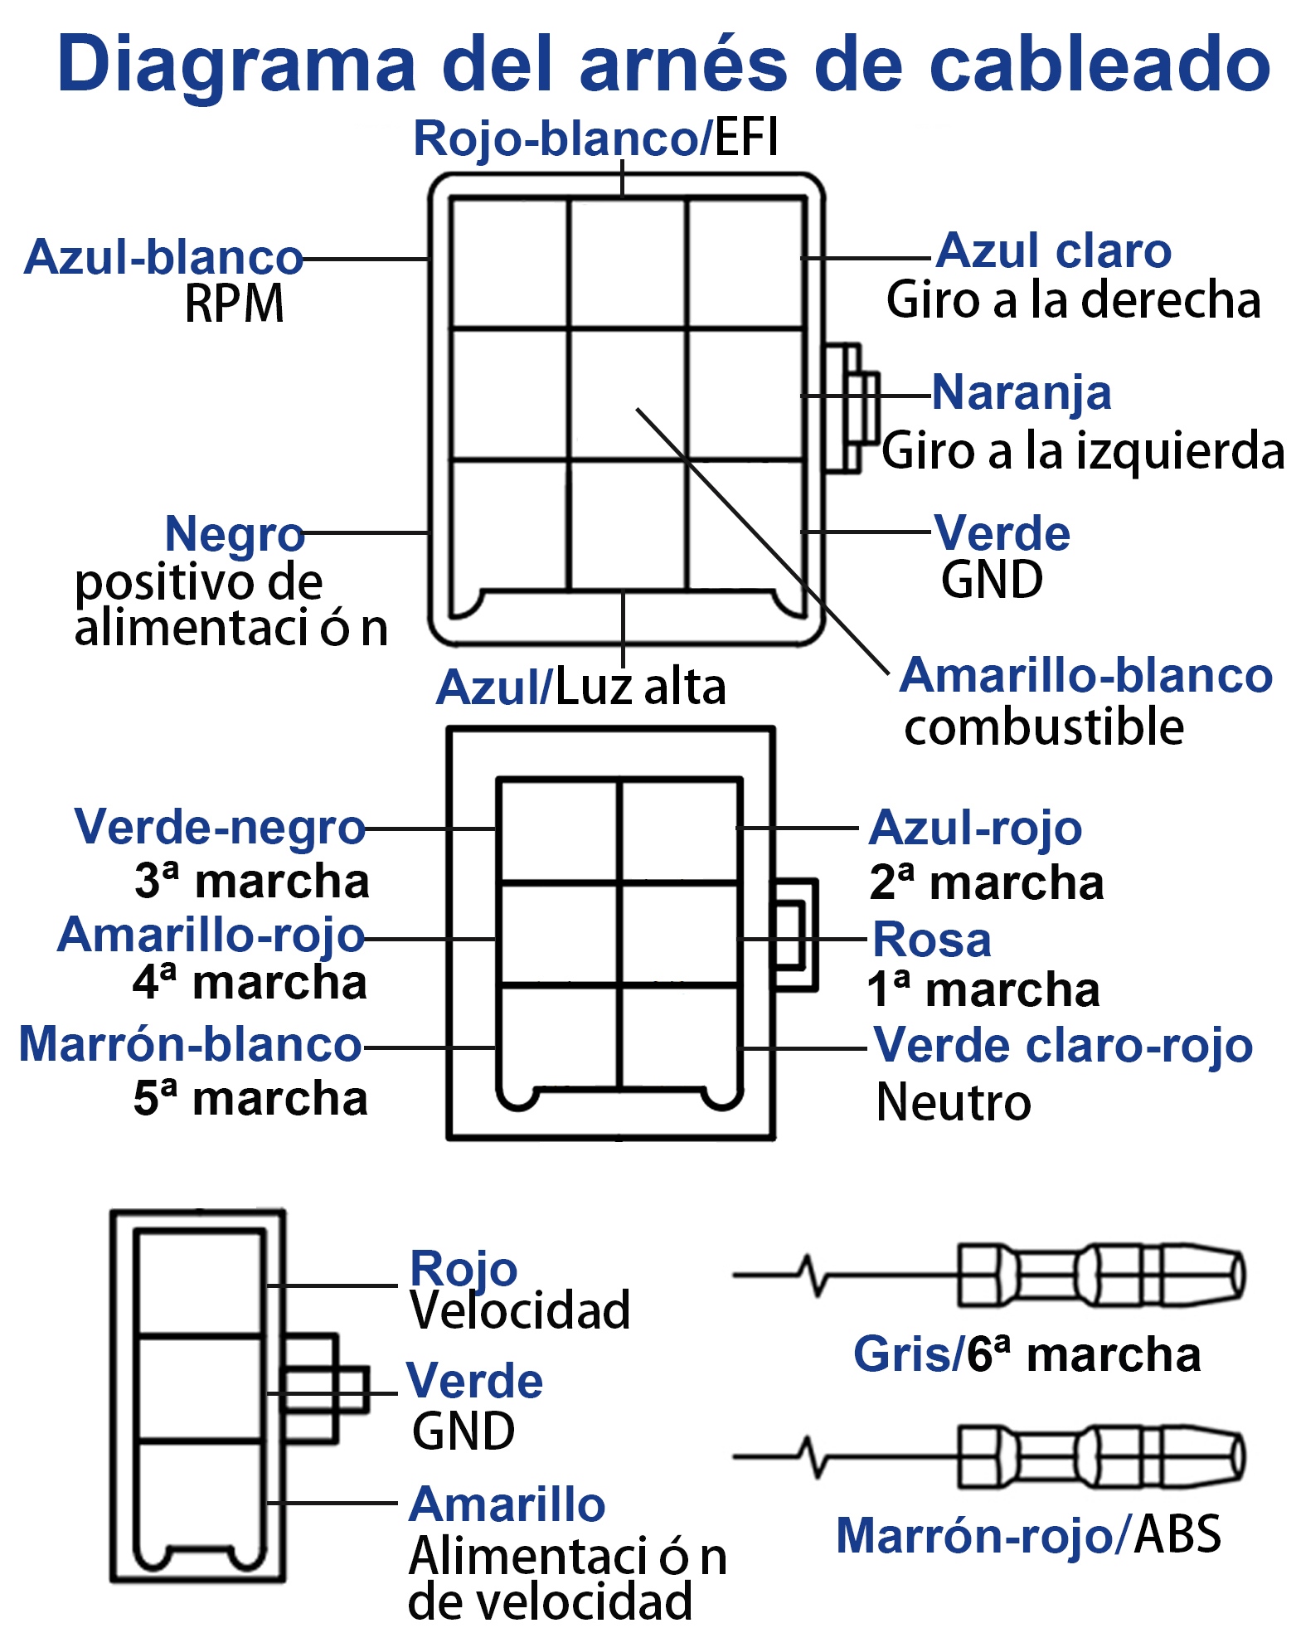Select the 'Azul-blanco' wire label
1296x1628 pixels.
tap(163, 257)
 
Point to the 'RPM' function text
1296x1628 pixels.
tap(235, 304)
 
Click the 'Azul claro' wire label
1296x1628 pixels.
tap(1054, 250)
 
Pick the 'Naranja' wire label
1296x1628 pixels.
tap(1022, 393)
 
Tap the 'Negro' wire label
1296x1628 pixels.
tap(235, 534)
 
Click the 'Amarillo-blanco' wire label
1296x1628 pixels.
tap(1086, 675)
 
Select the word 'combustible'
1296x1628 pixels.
tap(1044, 727)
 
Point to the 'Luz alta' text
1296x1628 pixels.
tap(640, 687)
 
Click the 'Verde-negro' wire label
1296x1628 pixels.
tap(220, 829)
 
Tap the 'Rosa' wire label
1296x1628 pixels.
tap(932, 940)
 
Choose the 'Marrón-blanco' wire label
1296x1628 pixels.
tap(190, 1044)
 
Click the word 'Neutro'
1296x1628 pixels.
tap(954, 1103)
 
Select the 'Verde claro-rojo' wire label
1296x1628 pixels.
tap(1064, 1045)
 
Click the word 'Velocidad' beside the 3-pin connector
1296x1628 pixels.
tap(521, 1310)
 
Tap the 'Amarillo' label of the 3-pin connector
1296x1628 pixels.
tap(507, 1504)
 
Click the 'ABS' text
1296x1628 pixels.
tap(1177, 1534)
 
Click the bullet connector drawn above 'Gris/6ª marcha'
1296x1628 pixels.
tap(1102, 1276)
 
